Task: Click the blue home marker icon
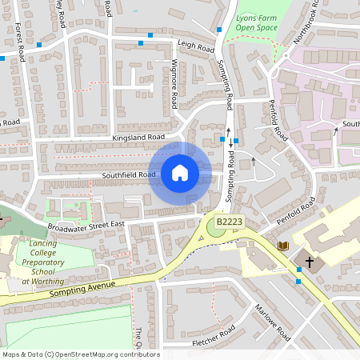coord(180,173)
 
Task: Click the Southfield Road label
coord(128,174)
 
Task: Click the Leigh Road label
coord(196,46)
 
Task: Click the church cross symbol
coord(309,262)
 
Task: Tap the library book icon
coord(282,246)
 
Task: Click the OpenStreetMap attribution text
coord(80,354)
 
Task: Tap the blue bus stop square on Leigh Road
coord(141,42)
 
